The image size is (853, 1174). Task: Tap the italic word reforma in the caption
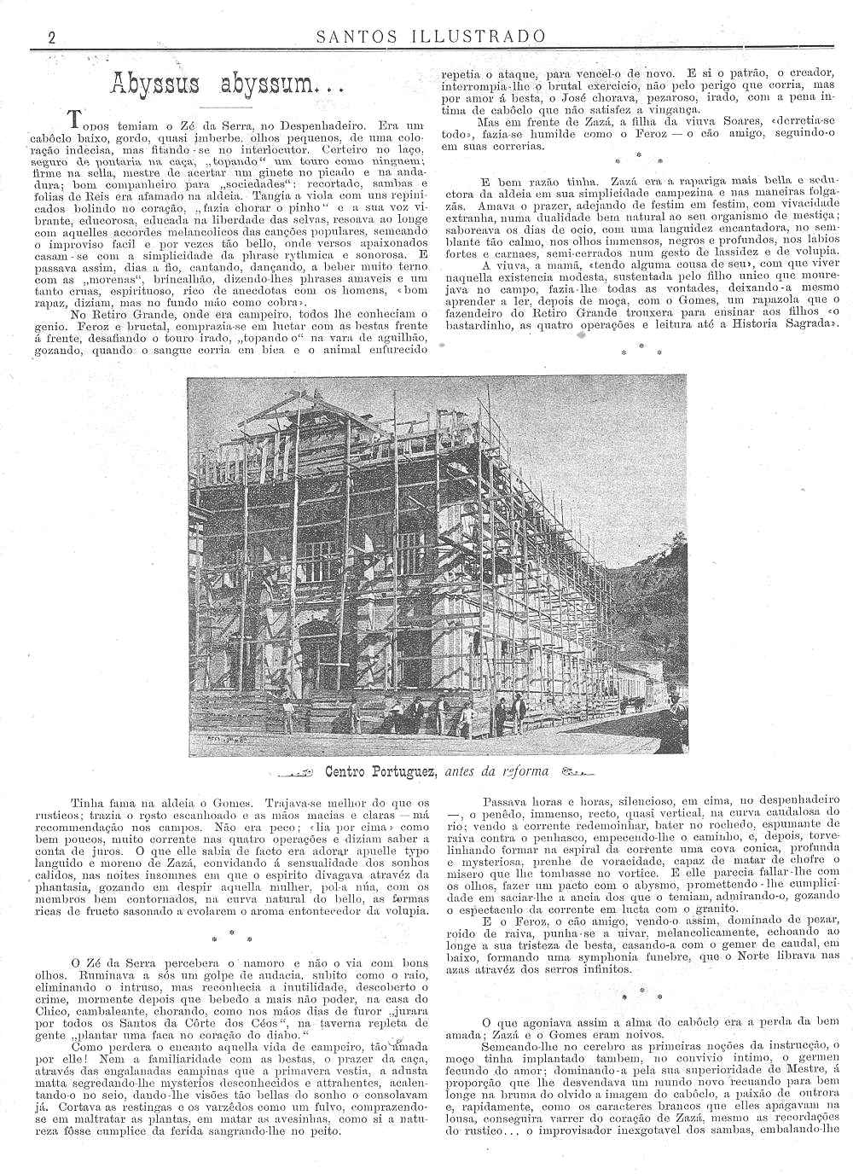tap(521, 772)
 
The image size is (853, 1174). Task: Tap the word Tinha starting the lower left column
tap(88, 803)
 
